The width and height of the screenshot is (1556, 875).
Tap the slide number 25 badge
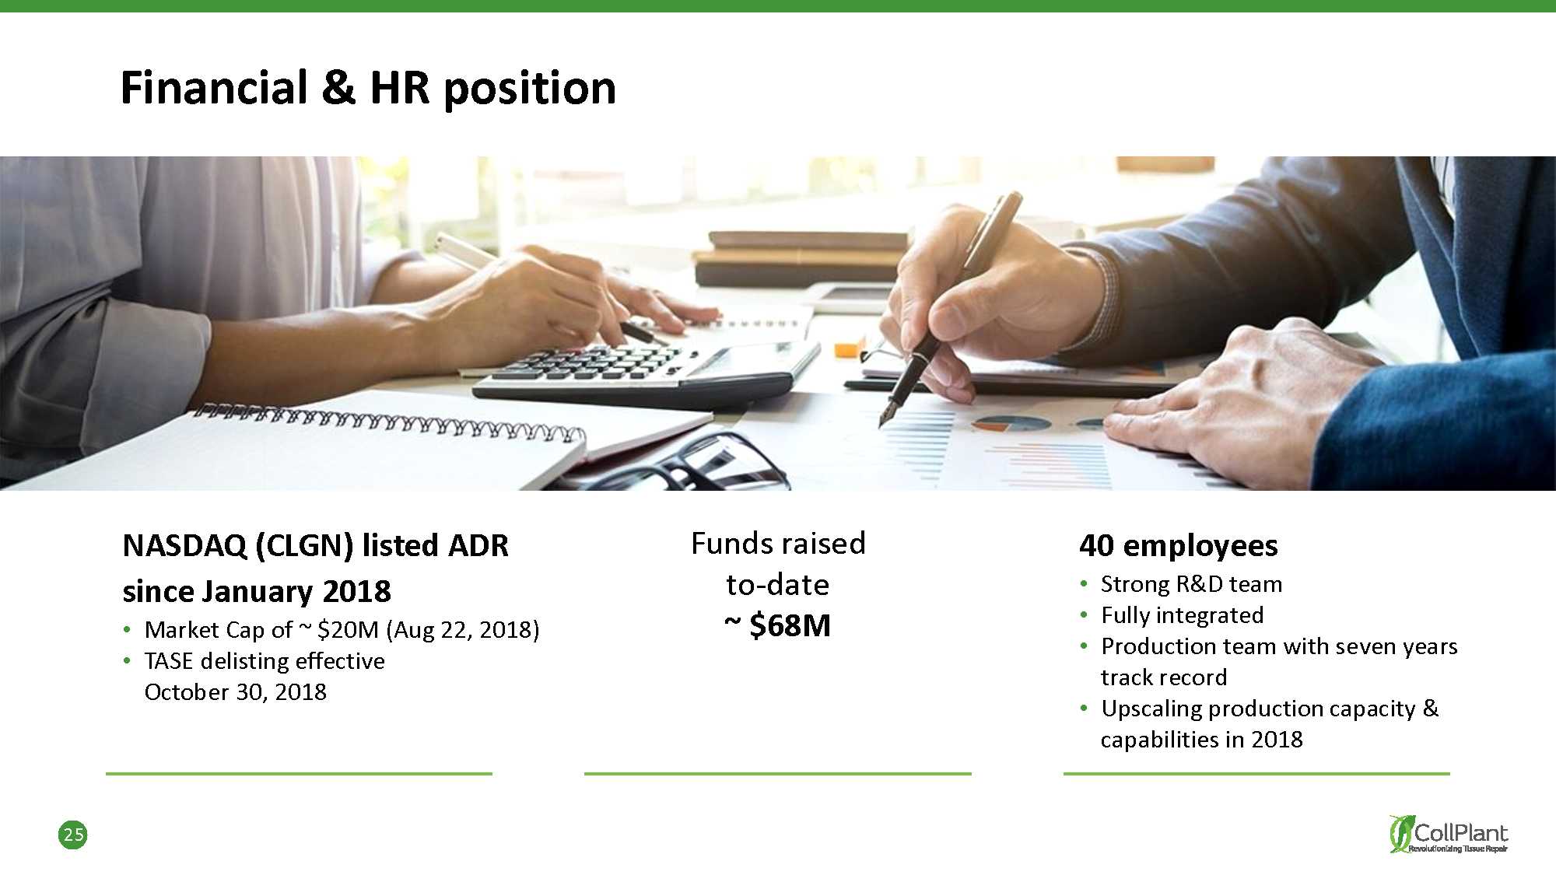[x=73, y=835]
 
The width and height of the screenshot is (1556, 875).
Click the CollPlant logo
[x=1449, y=834]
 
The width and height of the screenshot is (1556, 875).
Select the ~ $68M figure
[x=778, y=625]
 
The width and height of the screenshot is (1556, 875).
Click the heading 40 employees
[x=1178, y=546]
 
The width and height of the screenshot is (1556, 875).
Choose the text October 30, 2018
[x=236, y=691]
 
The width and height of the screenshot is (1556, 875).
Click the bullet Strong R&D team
[x=1191, y=583]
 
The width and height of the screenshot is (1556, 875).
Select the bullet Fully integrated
[x=1182, y=615]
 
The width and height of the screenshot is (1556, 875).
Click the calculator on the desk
[x=646, y=372]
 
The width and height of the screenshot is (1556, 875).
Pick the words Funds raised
[x=778, y=543]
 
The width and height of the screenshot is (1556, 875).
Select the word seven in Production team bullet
[x=1341, y=646]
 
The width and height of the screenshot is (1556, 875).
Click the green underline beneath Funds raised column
[x=778, y=774]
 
